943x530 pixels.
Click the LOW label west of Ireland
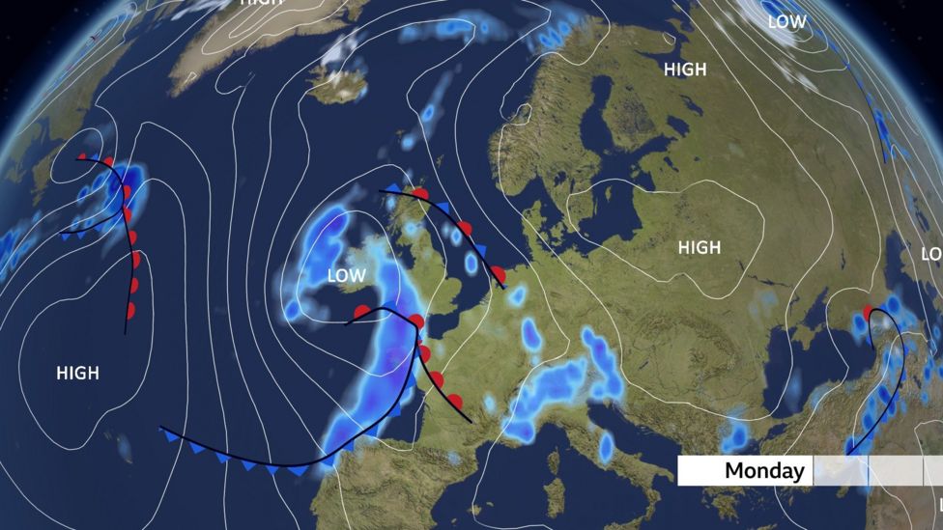346,276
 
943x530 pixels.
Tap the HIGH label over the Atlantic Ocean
77,373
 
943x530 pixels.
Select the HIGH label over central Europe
699,248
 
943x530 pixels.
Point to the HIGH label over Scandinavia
685,70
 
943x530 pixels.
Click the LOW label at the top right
786,21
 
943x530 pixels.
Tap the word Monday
764,471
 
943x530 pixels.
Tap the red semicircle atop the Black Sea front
869,312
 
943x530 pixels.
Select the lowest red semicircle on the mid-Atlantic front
130,310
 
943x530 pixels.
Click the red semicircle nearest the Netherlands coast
498,273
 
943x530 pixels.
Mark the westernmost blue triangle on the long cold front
172,437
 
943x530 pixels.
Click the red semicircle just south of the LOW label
362,312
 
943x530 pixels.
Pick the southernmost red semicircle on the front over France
454,401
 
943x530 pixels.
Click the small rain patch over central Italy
606,446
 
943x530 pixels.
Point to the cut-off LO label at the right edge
932,254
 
